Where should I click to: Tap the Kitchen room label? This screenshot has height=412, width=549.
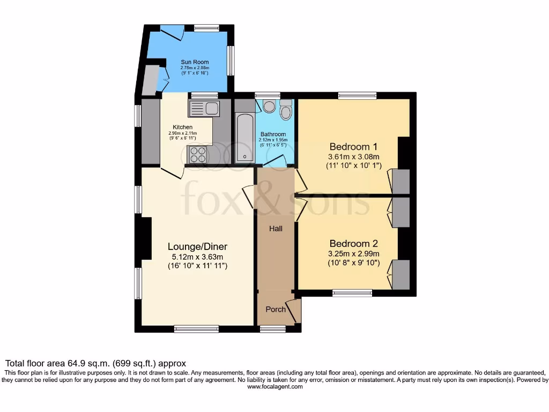182,127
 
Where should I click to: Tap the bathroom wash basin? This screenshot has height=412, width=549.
269,106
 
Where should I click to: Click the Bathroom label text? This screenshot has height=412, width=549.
273,134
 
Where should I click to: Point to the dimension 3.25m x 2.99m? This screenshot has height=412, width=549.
354,253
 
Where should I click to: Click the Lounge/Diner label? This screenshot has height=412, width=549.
197,247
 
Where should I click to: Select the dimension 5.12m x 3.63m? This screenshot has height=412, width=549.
197,256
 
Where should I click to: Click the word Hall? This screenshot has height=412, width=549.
276,229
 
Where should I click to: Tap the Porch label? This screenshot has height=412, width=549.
276,310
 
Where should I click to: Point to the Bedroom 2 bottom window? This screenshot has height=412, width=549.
352,293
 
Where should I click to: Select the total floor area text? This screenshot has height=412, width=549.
95,363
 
